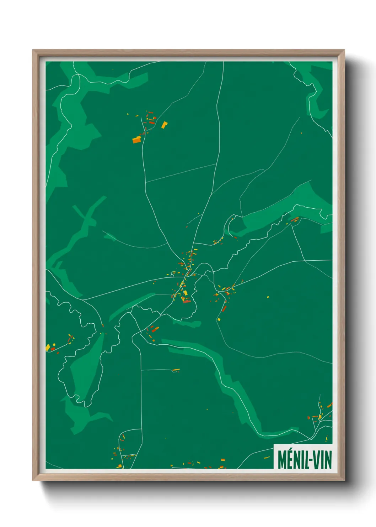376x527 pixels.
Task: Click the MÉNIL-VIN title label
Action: coord(304,459)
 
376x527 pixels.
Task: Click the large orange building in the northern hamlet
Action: coord(137,140)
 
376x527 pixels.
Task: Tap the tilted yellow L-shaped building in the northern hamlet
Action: coord(164,125)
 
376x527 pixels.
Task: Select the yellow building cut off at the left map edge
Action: coord(48,347)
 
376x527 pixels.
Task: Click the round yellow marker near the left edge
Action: coord(54,344)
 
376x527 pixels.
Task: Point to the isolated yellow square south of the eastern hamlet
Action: coord(219,319)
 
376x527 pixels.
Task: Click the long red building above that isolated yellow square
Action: coord(224,308)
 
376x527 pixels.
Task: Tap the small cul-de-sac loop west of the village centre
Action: coord(172,274)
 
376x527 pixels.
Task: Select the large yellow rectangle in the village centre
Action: coord(185,293)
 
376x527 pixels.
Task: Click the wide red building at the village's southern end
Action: coord(187,302)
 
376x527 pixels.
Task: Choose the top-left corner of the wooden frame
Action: coord(33,50)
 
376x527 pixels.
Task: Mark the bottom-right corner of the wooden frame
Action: coord(344,480)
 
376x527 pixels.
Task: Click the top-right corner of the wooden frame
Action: coord(344,50)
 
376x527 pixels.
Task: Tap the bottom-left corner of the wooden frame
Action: coord(33,480)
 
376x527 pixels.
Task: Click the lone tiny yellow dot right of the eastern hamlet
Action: coord(268,297)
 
